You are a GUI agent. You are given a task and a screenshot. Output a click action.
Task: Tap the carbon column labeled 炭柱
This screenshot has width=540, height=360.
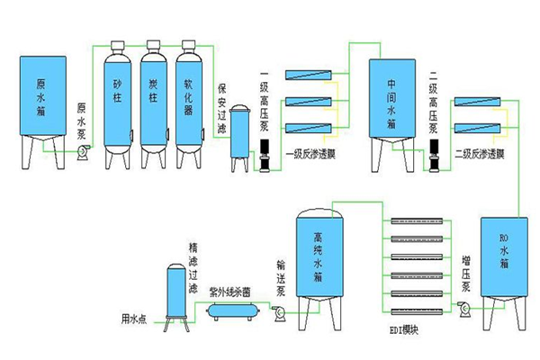[x=153, y=99]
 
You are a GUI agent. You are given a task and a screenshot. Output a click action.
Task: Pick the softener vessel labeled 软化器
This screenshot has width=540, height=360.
[x=188, y=99]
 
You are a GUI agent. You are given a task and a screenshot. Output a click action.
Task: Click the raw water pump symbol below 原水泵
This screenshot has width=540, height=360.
[x=82, y=156]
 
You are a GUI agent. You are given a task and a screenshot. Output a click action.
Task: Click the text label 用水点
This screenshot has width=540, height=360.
[x=139, y=316]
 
